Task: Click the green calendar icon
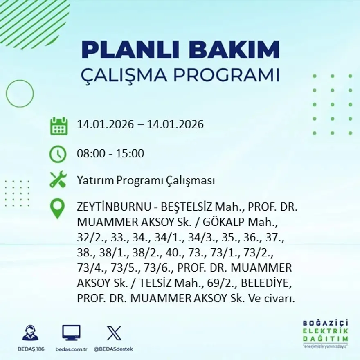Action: point(59,126)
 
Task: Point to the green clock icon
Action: point(58,154)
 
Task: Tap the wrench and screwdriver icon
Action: point(58,180)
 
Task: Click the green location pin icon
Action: point(57,208)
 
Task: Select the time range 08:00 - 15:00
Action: point(110,154)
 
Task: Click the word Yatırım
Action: point(95,181)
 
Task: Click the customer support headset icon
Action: point(30,333)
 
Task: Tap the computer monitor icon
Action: point(71,333)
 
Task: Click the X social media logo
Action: point(114,333)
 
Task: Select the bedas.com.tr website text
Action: point(71,349)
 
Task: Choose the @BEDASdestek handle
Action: point(113,349)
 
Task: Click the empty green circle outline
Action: point(20,94)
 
